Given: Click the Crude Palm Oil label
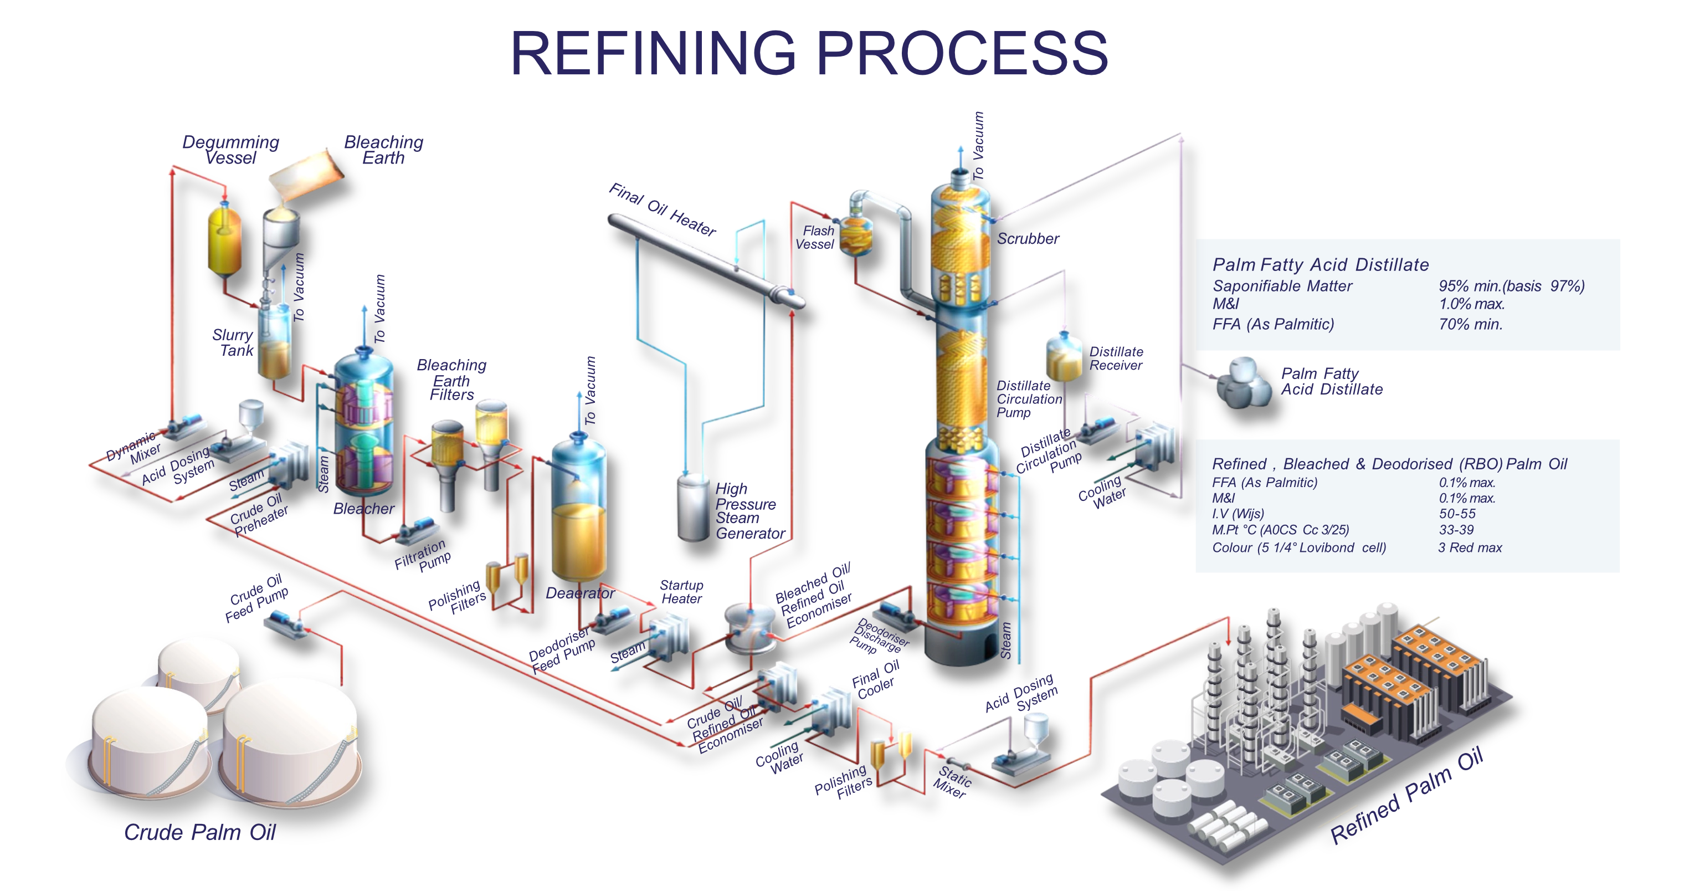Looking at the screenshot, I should (200, 832).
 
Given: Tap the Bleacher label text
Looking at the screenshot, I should (363, 509).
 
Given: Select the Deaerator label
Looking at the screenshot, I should (580, 593).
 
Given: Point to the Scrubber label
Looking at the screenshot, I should (1027, 239).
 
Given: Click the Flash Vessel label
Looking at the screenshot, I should (815, 238).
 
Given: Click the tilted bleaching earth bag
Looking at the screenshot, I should (306, 171).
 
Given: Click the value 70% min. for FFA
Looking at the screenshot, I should (1470, 324).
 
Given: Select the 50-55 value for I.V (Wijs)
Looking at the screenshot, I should (1456, 514).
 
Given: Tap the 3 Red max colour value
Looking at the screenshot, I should (1470, 548).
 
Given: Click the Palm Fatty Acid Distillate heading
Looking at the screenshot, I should (1321, 265).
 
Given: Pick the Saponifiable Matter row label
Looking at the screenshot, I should (1282, 286).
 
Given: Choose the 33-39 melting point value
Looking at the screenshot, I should (1456, 530).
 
